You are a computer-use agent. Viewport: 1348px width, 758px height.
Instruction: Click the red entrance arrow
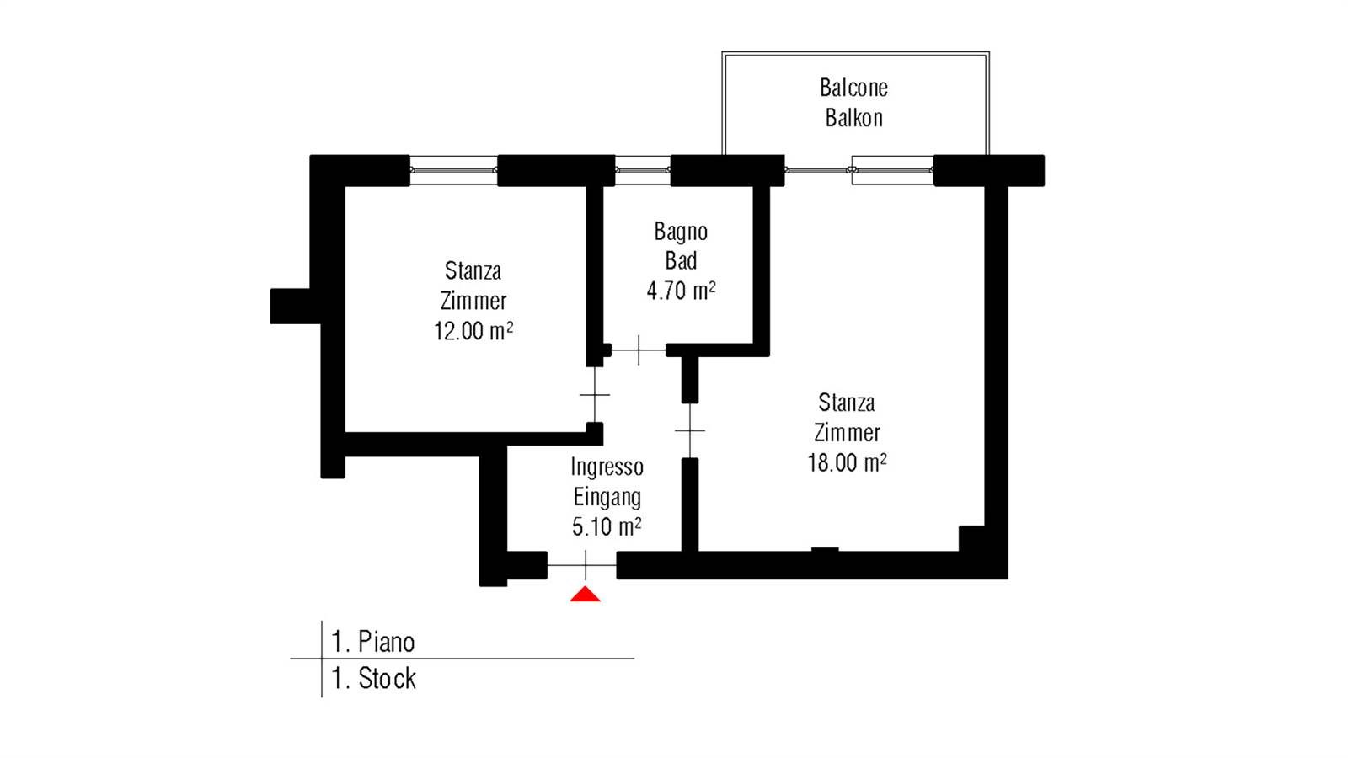click(x=585, y=595)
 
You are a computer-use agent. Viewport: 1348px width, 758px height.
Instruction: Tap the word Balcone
click(x=853, y=88)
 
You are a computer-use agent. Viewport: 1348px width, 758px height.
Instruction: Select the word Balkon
click(x=854, y=118)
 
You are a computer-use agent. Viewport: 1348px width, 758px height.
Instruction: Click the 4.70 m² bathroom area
click(x=682, y=291)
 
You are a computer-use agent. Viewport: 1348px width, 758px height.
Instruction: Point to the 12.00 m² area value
click(x=473, y=331)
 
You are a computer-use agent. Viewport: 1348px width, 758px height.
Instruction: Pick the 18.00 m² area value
click(x=847, y=463)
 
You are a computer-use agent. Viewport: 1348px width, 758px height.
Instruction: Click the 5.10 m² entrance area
click(x=607, y=527)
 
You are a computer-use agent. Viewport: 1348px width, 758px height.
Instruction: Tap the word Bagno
click(x=681, y=232)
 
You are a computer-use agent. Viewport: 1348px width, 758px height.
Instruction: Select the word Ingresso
click(x=607, y=467)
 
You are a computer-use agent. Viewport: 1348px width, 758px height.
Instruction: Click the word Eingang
click(x=607, y=498)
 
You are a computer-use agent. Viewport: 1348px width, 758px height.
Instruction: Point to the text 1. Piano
click(x=373, y=642)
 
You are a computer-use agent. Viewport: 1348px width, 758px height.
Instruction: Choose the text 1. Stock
click(x=374, y=679)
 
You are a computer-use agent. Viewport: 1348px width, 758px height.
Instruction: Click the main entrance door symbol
click(x=582, y=565)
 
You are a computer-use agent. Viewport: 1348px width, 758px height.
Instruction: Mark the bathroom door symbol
click(x=639, y=350)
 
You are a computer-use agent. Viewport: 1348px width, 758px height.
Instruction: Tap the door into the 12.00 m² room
click(x=595, y=395)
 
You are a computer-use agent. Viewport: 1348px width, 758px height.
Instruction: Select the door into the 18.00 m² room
click(x=690, y=430)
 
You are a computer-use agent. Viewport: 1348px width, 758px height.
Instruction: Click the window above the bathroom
click(x=643, y=170)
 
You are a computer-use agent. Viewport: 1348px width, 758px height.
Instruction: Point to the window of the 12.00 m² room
click(x=454, y=170)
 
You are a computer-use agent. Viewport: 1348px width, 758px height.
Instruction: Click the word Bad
click(x=682, y=261)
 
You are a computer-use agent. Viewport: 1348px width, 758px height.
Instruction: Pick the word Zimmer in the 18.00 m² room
click(x=847, y=433)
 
